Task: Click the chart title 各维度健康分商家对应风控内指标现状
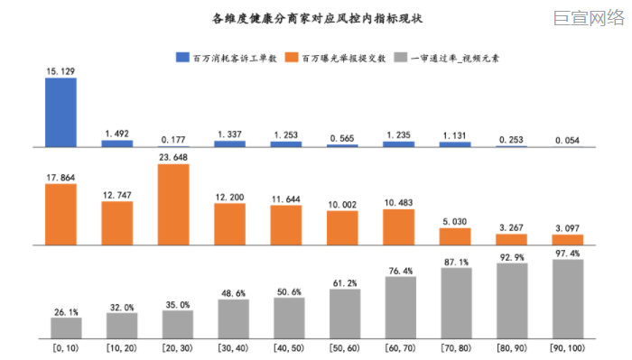[315, 18]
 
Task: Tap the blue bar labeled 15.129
[60, 112]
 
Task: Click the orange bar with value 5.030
[455, 236]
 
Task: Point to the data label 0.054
[568, 140]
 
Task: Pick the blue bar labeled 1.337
[229, 143]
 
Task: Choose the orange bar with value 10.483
[399, 227]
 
